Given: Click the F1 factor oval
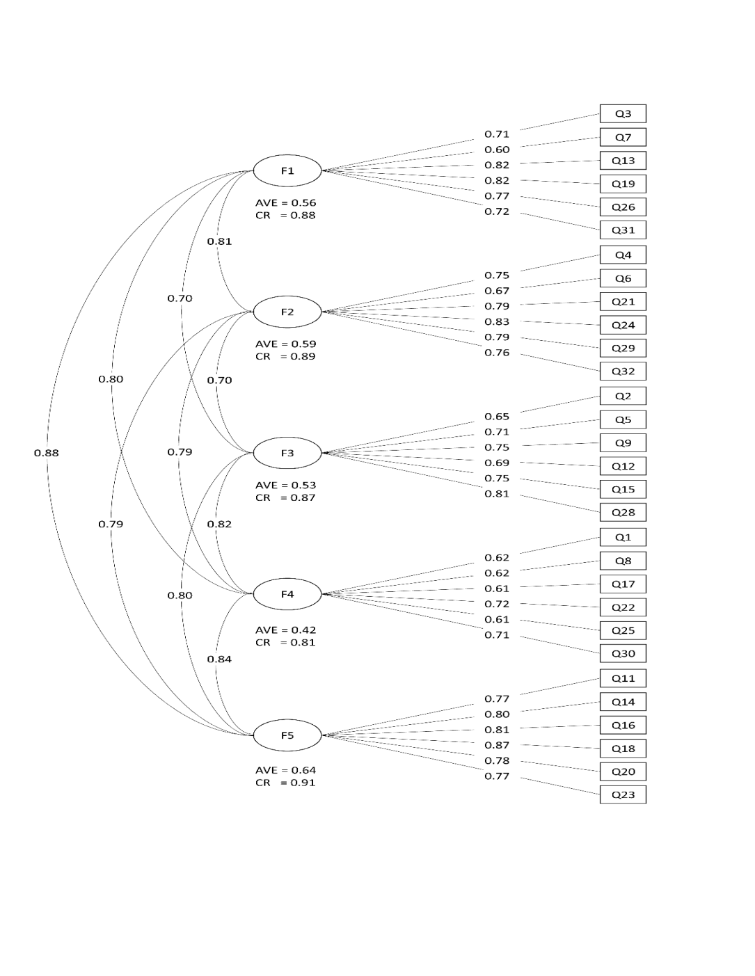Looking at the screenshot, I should (287, 171).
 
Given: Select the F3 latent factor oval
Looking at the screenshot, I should (287, 454).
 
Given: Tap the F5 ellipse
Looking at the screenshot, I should (287, 735).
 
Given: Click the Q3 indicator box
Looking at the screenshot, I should (623, 114).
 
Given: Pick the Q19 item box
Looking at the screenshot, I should (623, 184).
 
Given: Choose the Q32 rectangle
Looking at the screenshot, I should (623, 371).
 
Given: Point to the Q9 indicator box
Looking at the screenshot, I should (623, 443).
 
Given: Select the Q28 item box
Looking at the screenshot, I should (623, 513).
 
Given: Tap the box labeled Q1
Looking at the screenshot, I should (623, 538).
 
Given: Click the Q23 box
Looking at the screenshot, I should (623, 795).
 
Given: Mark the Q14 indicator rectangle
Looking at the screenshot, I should (623, 702).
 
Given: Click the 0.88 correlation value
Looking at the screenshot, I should (47, 454).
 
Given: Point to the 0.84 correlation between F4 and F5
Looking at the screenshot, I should (219, 659).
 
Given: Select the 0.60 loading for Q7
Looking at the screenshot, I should (497, 150).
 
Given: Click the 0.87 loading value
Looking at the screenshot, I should (497, 746).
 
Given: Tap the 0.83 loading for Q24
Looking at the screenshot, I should (497, 322).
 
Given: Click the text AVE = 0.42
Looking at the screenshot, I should (285, 630).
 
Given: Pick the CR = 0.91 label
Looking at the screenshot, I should (285, 783).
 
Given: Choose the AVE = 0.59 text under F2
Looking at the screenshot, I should (285, 344).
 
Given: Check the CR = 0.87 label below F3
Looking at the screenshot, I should (285, 498).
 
